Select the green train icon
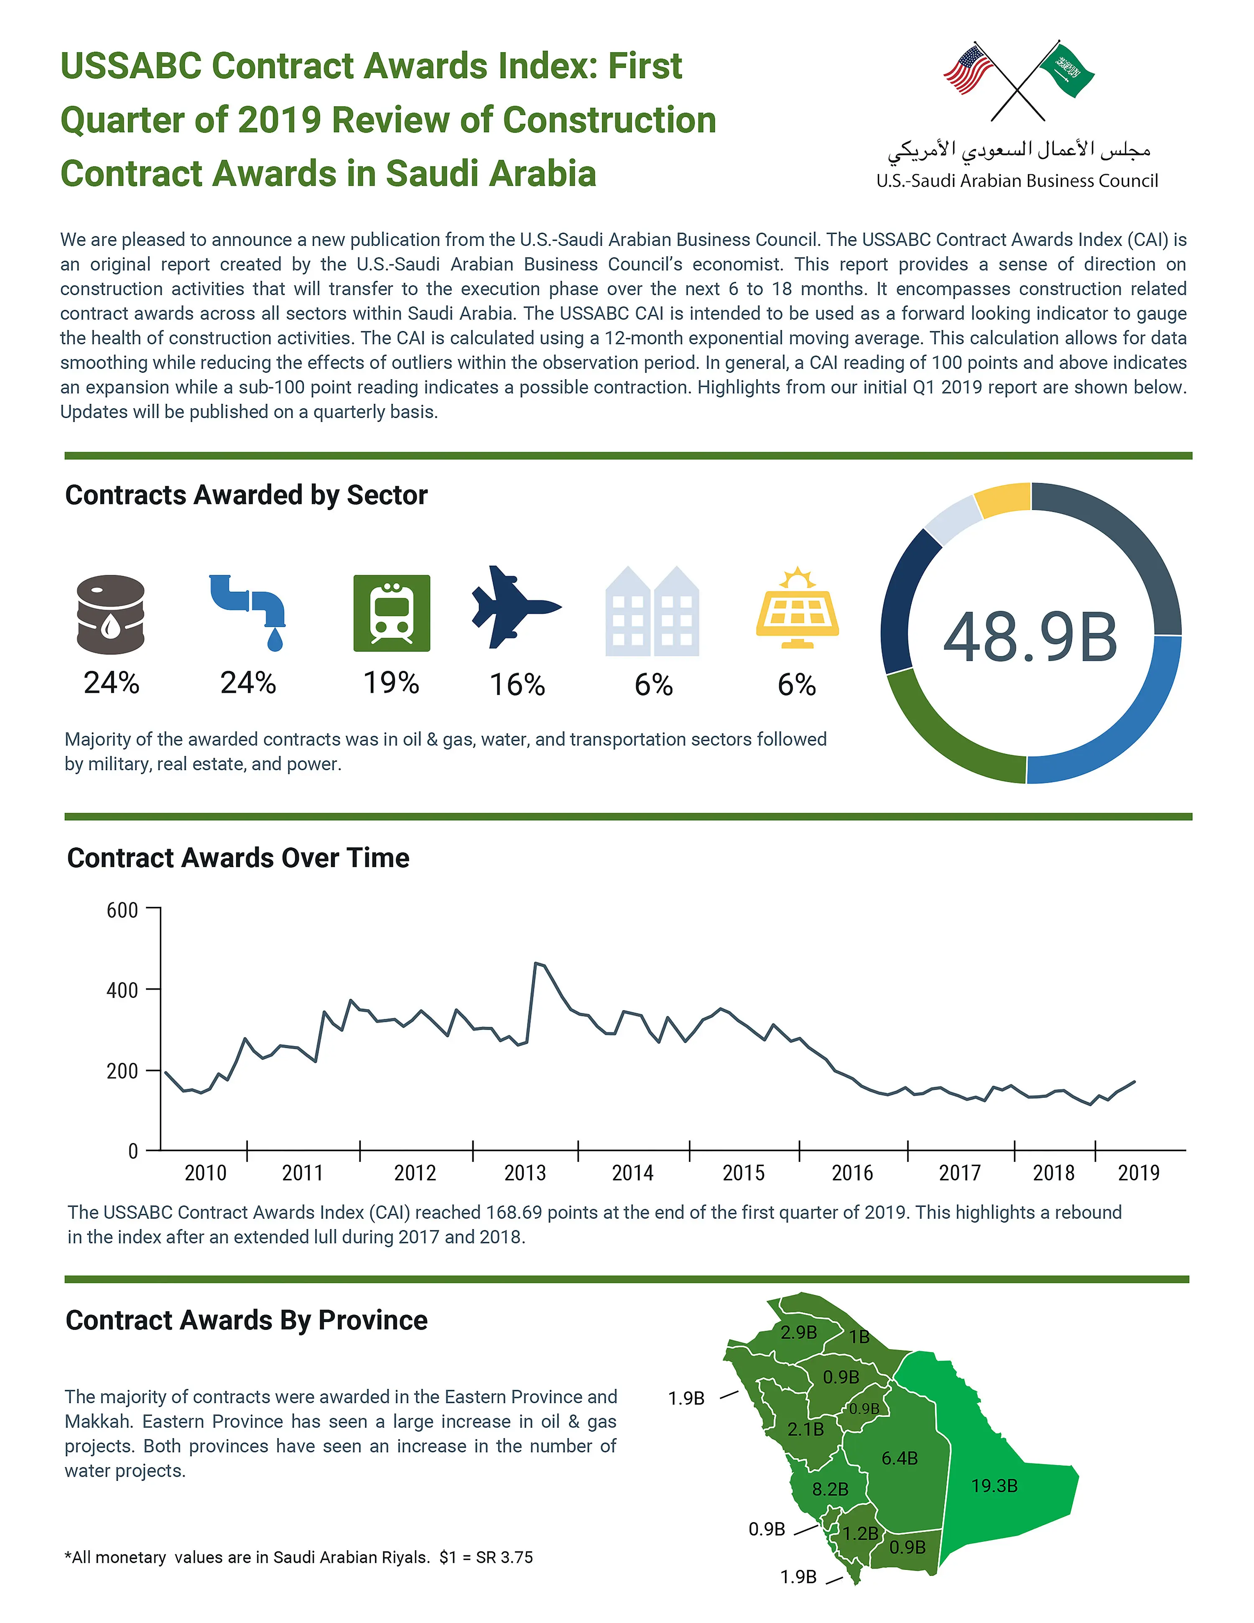click(392, 612)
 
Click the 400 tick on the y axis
click(122, 990)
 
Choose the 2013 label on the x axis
click(525, 1173)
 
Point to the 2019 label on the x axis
click(1138, 1173)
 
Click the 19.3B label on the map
click(994, 1485)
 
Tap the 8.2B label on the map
click(830, 1489)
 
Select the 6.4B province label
click(900, 1458)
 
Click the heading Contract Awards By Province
click(247, 1320)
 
